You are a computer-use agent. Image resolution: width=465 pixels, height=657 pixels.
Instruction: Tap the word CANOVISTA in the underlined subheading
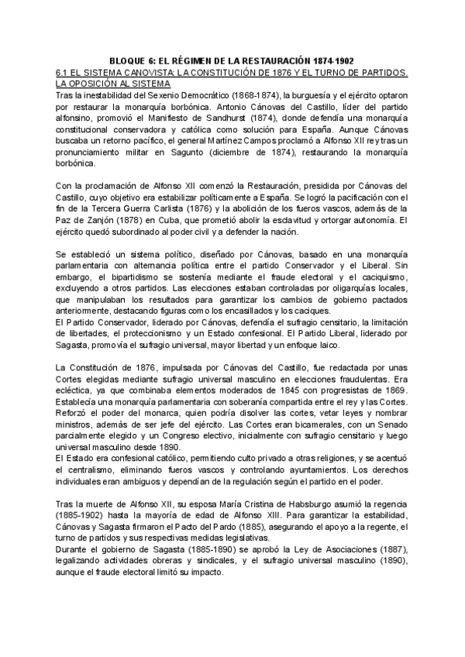pos(135,72)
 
